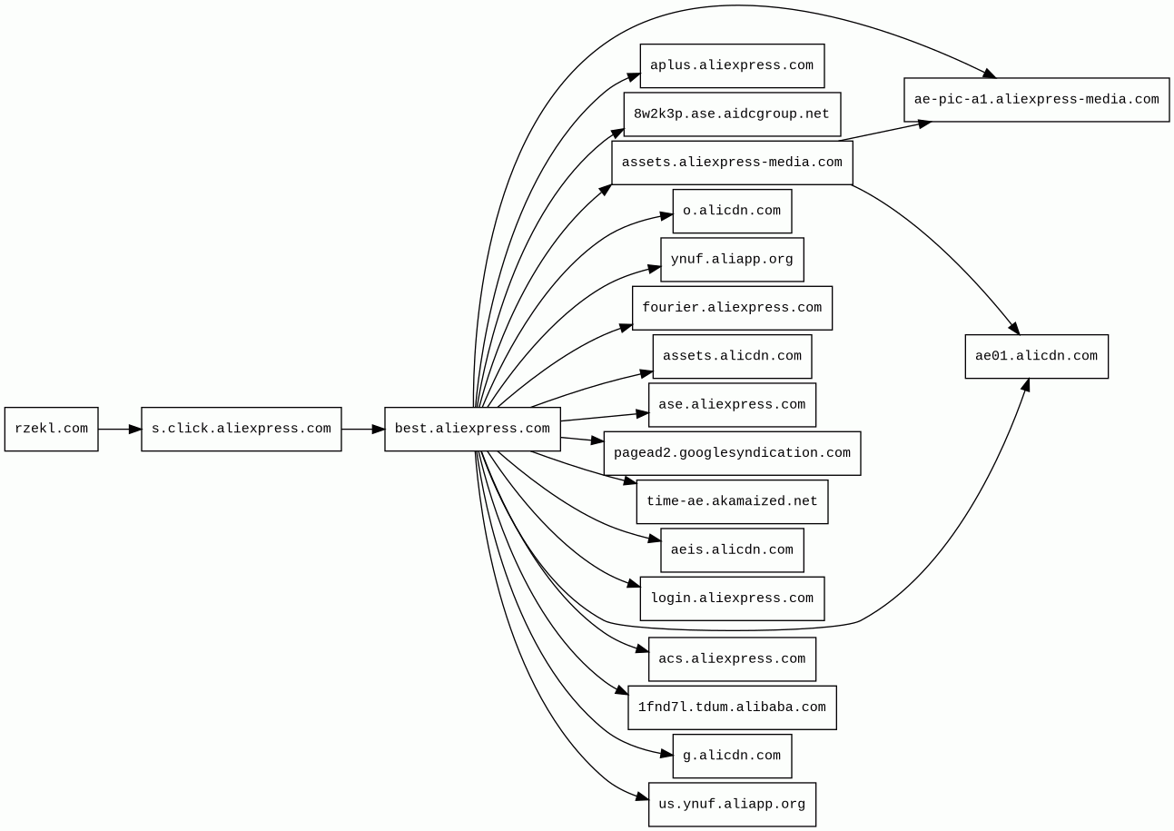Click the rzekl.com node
(51, 429)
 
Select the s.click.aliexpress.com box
(241, 429)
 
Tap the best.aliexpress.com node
(472, 429)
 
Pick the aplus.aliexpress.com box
(732, 65)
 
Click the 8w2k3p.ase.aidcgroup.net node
(732, 114)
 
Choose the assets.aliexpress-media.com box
(732, 163)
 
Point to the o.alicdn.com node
(732, 211)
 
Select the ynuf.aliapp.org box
(732, 260)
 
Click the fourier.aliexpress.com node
(732, 308)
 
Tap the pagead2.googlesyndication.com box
(732, 453)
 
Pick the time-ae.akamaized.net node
(732, 501)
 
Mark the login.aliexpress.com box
(732, 599)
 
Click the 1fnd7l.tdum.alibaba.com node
(732, 707)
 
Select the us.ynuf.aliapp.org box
(732, 805)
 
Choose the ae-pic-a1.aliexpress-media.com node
(1036, 100)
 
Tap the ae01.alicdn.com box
(1036, 356)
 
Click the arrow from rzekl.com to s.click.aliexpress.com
(119, 429)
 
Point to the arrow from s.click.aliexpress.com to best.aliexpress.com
(362, 429)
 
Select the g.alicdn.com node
(732, 756)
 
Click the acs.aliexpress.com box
(732, 659)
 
